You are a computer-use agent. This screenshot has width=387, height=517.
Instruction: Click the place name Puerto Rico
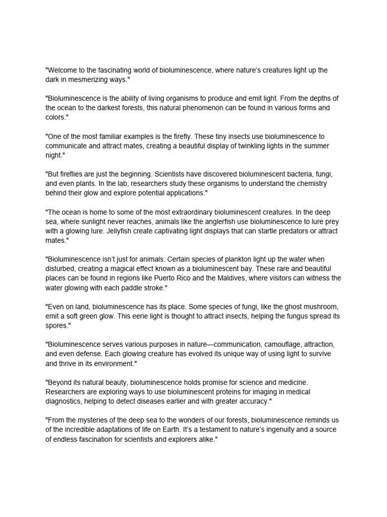(227, 278)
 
